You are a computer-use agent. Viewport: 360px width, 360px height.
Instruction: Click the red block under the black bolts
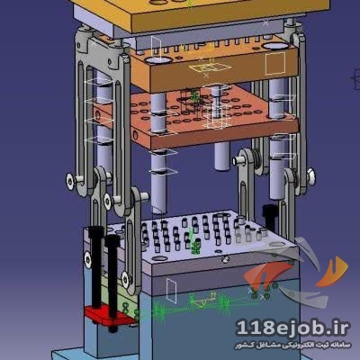click(x=110, y=316)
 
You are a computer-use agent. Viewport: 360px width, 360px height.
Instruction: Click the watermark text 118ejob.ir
click(x=292, y=328)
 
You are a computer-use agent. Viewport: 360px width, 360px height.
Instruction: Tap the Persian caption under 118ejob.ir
click(x=292, y=346)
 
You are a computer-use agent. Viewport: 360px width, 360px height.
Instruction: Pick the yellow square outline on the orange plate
click(x=275, y=63)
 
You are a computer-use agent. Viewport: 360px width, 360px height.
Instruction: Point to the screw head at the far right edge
click(x=311, y=176)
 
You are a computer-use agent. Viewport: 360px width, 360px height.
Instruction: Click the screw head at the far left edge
click(x=71, y=181)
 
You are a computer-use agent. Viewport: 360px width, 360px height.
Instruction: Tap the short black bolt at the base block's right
click(x=269, y=216)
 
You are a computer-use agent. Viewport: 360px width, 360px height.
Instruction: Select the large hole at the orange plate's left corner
click(x=158, y=60)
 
